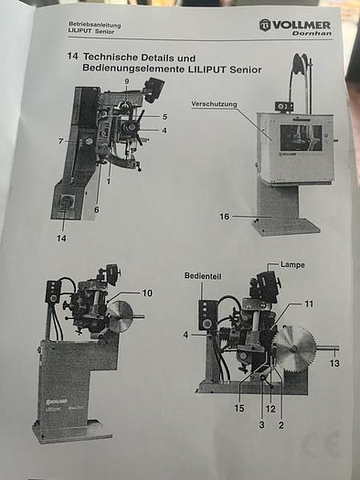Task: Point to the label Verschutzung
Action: tap(215, 105)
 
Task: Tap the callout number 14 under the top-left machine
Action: tap(62, 240)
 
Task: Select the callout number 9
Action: tap(127, 82)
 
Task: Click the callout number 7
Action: tap(59, 141)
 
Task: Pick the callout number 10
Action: tap(147, 293)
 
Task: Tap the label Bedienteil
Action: tap(198, 273)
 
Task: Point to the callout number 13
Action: tap(334, 363)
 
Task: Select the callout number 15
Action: tap(238, 408)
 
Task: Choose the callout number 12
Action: tap(271, 408)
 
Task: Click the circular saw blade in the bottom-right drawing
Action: tap(295, 347)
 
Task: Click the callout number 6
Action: tap(96, 209)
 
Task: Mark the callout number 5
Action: tap(164, 117)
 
